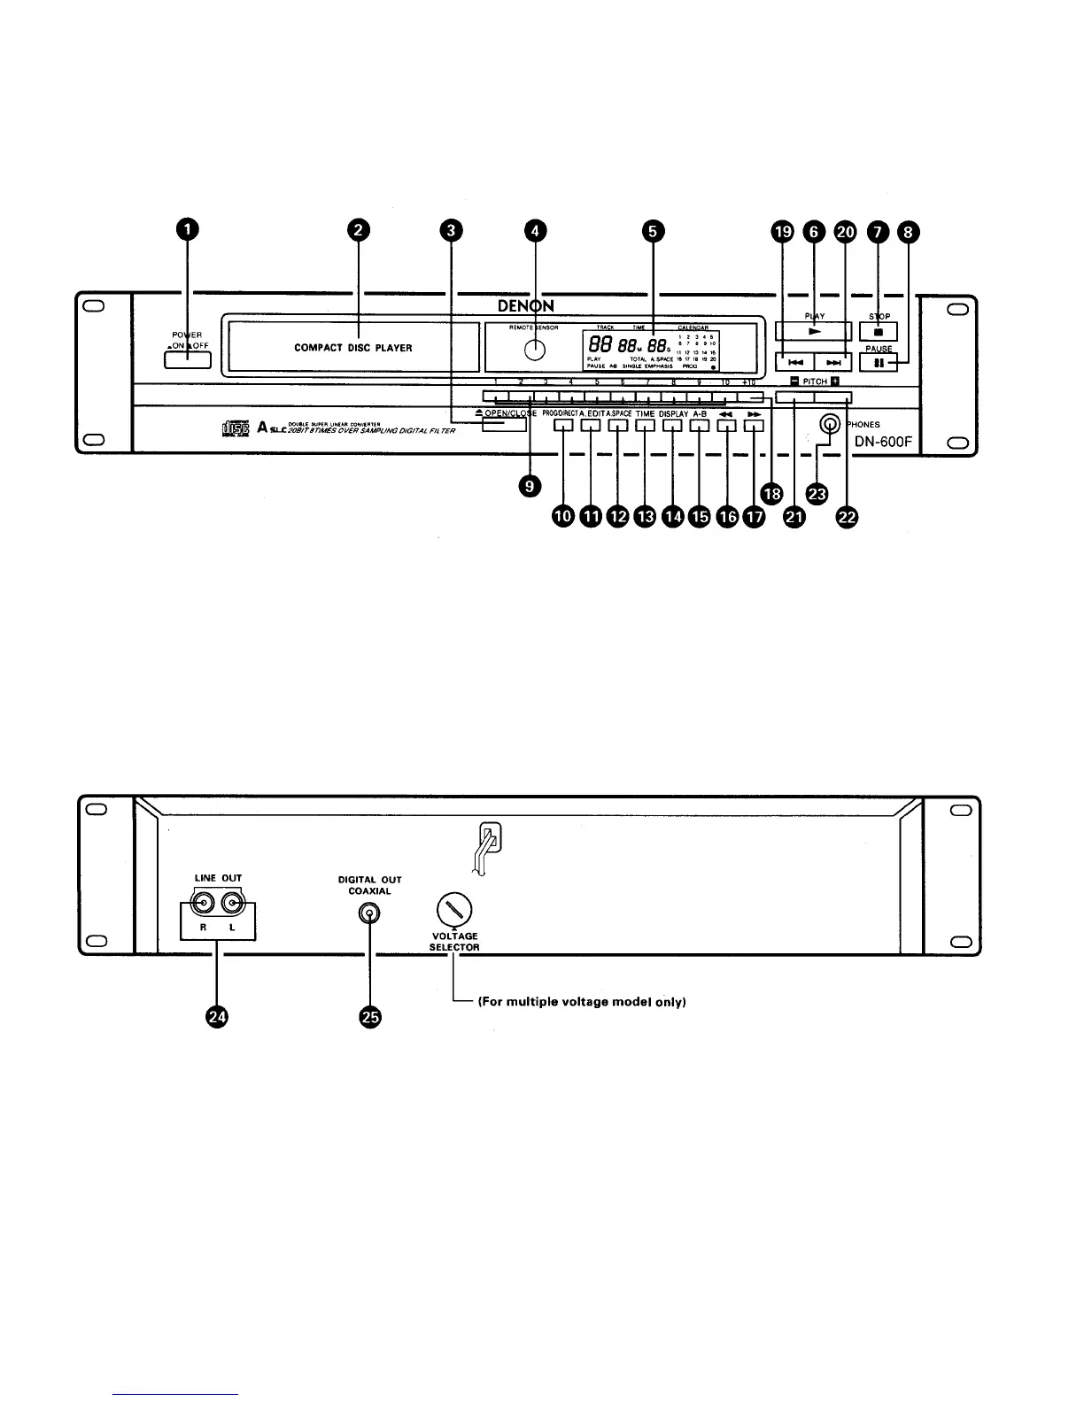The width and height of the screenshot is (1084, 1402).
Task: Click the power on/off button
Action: (187, 359)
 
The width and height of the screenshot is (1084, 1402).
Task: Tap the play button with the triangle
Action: (813, 331)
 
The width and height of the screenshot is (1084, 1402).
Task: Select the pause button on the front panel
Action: (879, 362)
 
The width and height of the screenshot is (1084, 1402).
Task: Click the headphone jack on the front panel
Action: (829, 425)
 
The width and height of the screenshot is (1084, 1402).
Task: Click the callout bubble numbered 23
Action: (817, 493)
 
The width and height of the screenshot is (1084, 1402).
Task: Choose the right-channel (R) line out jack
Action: (205, 905)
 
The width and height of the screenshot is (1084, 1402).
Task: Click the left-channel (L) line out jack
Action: (235, 905)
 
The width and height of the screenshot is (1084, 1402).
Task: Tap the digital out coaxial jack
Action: (369, 914)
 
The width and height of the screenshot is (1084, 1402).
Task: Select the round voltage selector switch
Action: (454, 909)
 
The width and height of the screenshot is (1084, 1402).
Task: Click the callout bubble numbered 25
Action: (370, 1018)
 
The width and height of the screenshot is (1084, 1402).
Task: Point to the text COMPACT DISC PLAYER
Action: (353, 348)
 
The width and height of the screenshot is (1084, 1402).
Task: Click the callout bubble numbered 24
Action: (216, 1018)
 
